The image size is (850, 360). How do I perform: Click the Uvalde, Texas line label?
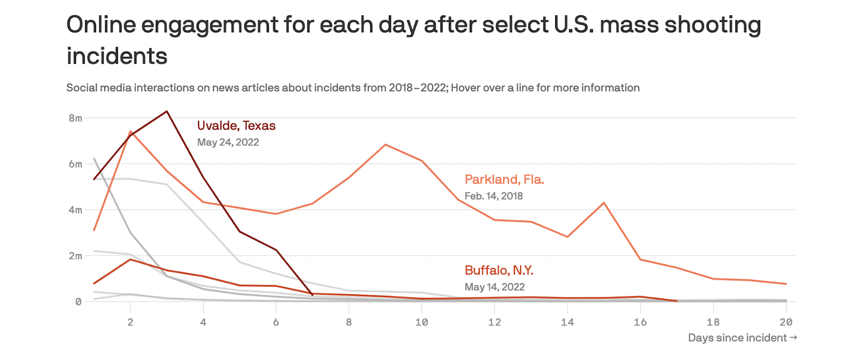tap(236, 126)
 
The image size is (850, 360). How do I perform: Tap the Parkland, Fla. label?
tap(504, 179)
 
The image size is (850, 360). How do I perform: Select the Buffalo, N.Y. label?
tap(499, 270)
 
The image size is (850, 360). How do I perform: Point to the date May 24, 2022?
tap(228, 142)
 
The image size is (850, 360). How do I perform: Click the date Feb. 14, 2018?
tap(494, 196)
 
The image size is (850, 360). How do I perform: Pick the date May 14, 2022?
tap(495, 287)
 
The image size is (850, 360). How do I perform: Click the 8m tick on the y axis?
tap(75, 118)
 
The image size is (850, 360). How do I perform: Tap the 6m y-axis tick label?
tap(75, 164)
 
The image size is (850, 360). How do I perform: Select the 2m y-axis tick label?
tap(75, 256)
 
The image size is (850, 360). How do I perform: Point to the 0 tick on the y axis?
tap(79, 302)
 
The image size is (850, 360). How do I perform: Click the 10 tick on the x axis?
tap(422, 322)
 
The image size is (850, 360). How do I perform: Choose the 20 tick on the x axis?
tap(786, 322)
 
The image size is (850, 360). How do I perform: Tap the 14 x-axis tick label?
tap(567, 322)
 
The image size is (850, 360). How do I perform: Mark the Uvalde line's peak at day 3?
tap(167, 112)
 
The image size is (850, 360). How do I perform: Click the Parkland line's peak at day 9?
tap(385, 144)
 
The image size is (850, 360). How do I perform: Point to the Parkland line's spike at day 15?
tap(604, 203)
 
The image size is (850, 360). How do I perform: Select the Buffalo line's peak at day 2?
tap(131, 259)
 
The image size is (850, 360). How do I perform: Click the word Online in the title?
tap(101, 25)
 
